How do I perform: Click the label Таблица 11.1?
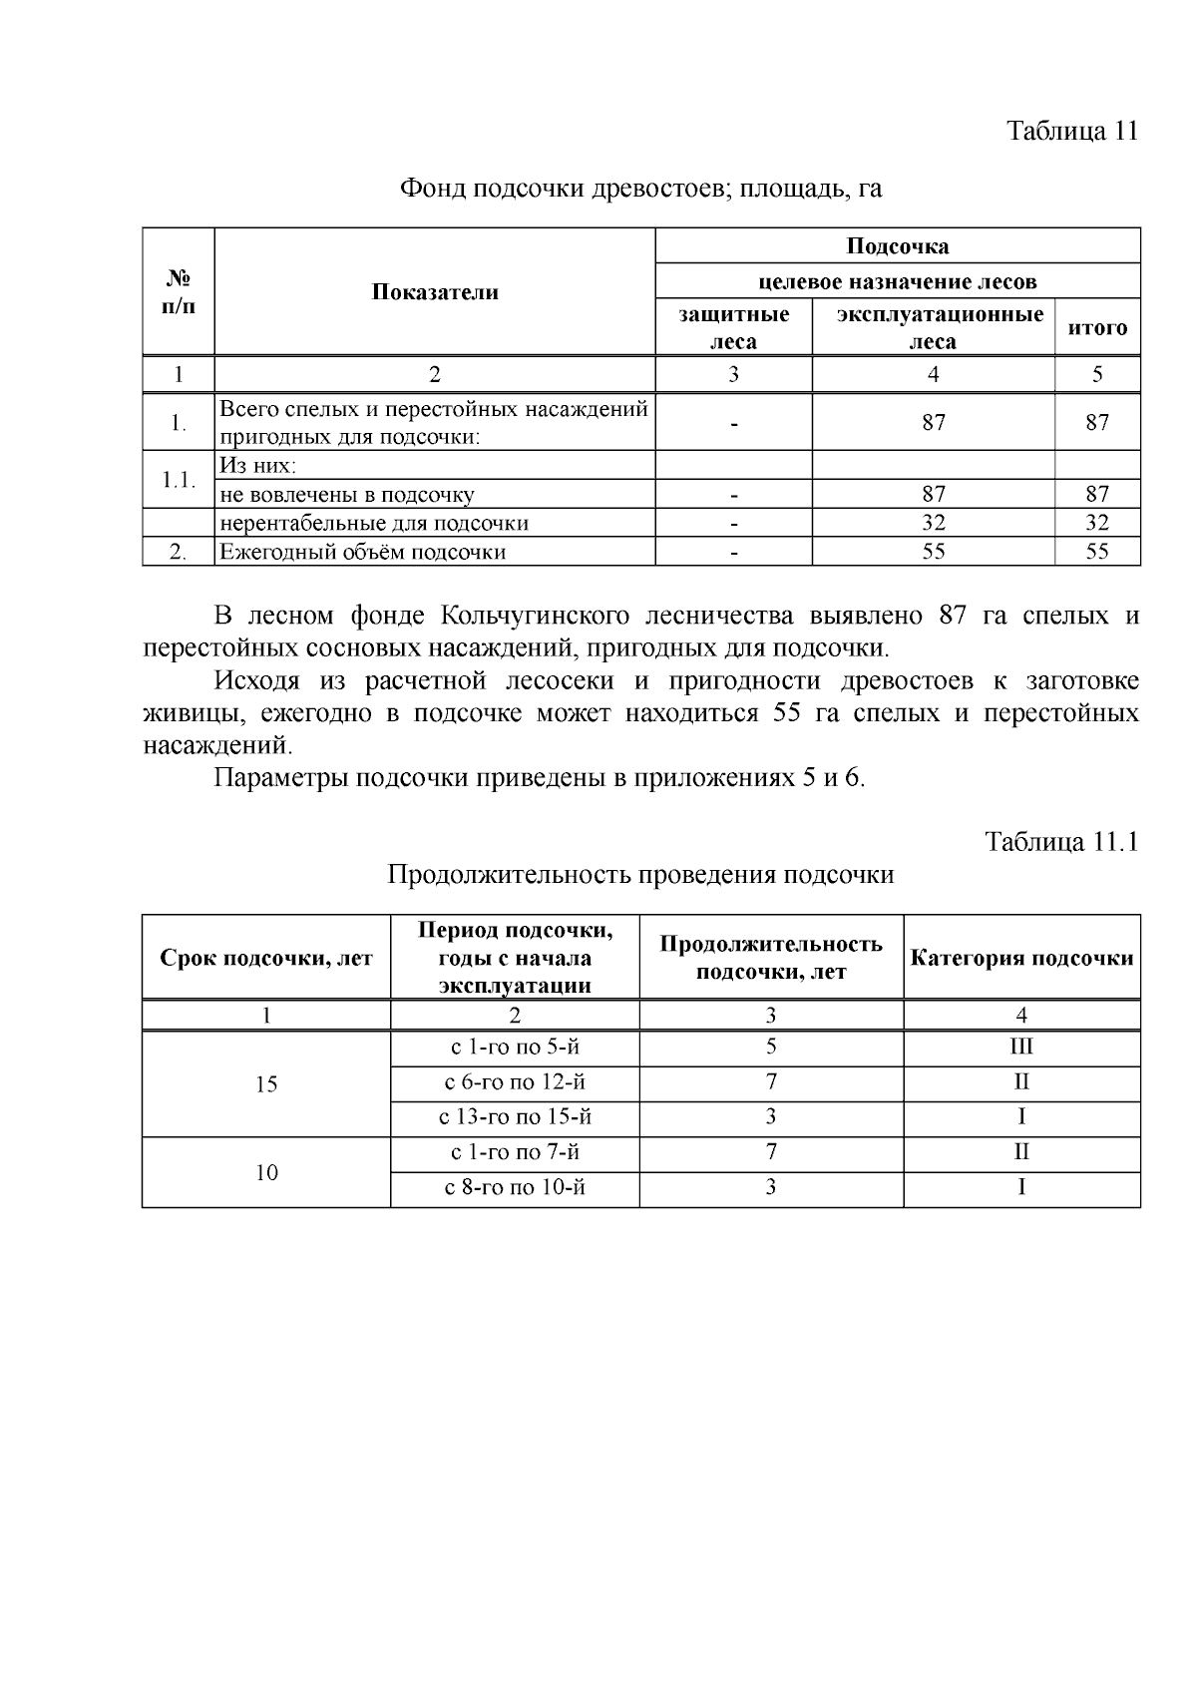1061,841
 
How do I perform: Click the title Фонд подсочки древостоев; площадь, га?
640,188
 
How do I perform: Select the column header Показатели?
435,291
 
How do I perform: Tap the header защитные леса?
733,328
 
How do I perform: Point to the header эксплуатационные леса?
933,328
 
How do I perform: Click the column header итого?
1097,327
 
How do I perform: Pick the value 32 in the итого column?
1097,523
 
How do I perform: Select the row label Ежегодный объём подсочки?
363,552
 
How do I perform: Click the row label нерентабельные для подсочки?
374,523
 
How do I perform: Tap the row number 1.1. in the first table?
178,480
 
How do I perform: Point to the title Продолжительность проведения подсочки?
640,875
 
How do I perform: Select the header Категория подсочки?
1021,958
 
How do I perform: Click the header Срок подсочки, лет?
266,958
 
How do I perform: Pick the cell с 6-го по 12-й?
515,1082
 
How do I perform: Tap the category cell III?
1021,1048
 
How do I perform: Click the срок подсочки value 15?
266,1084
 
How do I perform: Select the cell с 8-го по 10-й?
515,1188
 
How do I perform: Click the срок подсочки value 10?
266,1172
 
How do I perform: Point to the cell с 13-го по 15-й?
515,1117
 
